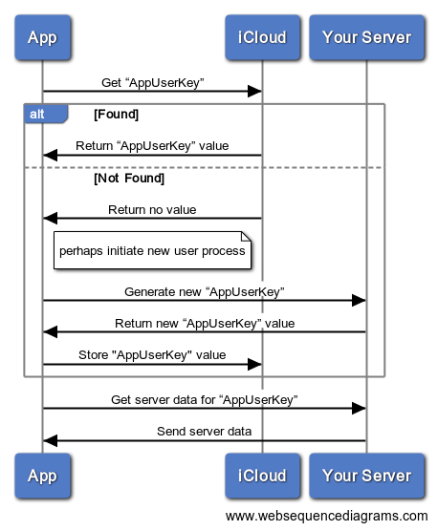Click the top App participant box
point(42,37)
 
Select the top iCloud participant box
point(262,37)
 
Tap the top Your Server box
point(366,37)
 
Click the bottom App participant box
point(42,476)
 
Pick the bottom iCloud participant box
point(262,476)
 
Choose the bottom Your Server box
point(366,476)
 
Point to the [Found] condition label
point(117,115)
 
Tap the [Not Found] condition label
point(129,179)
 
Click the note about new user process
point(152,250)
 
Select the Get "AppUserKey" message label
point(153,83)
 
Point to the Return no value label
point(152,209)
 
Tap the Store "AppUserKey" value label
point(152,355)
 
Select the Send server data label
point(204,431)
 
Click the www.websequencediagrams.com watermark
point(326,516)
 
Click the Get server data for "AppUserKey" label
point(205,400)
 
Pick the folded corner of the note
point(246,237)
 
